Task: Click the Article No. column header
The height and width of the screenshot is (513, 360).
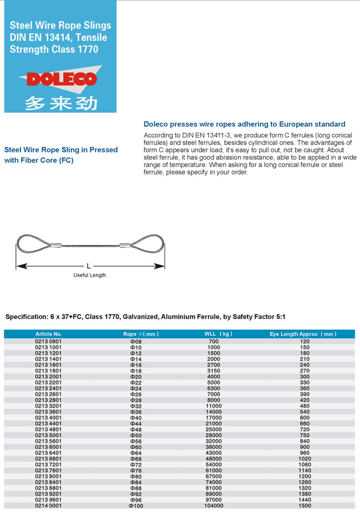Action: coord(49,334)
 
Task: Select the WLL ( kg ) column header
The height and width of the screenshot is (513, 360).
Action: coord(218,334)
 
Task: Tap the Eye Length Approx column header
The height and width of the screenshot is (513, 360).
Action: coord(302,334)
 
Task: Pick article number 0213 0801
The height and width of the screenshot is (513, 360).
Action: coord(49,341)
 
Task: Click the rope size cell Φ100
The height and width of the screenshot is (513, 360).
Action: coord(136,506)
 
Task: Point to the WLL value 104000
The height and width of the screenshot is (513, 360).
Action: coord(214,506)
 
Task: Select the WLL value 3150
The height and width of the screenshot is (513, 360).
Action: coord(214,371)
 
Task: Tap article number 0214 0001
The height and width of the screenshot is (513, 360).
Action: coord(49,506)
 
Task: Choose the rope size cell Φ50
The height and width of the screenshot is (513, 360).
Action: coord(136,436)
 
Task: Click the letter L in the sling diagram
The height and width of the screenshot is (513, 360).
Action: coord(89,266)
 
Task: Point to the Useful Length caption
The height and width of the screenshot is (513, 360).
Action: coord(90,275)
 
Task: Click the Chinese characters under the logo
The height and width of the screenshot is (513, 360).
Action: coord(61,103)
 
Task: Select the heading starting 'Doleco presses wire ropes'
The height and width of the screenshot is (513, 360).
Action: coord(244,124)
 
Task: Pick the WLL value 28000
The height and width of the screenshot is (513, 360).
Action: coord(214,436)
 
